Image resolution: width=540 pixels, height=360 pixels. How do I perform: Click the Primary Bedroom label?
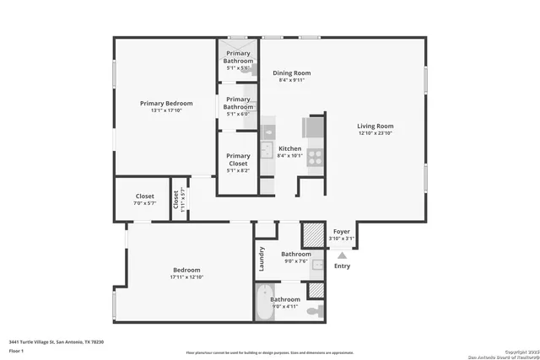166,103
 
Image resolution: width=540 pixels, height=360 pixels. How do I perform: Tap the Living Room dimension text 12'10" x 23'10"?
375,133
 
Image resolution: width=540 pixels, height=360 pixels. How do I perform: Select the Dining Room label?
292,73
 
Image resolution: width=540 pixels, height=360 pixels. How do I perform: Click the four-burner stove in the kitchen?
315,156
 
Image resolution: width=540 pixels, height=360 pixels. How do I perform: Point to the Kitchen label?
289,148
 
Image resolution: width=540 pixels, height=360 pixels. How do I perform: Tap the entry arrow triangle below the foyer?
342,255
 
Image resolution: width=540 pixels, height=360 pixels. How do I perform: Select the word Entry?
342,266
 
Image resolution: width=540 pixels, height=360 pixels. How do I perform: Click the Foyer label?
341,231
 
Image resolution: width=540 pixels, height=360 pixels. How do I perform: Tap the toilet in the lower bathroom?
314,311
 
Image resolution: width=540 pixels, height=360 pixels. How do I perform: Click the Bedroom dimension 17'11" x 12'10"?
186,277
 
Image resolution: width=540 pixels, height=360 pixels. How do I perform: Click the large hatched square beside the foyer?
314,233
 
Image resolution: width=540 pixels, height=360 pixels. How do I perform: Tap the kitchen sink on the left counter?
267,132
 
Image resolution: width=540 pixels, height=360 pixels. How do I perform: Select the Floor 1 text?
17,350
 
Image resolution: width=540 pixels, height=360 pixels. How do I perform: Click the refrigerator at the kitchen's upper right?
314,126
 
